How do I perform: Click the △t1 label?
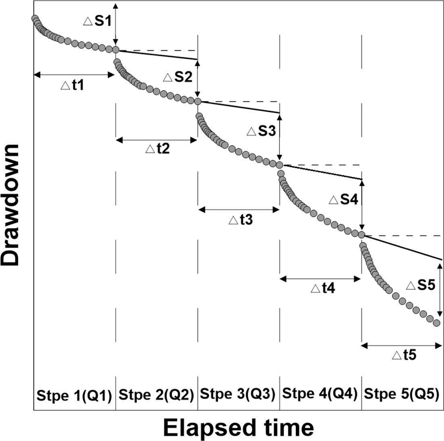click(73, 85)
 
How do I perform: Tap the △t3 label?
click(240, 220)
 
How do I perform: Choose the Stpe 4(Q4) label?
click(320, 393)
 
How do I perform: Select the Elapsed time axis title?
click(238, 427)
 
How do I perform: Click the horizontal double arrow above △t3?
click(239, 209)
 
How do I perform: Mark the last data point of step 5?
click(436, 323)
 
